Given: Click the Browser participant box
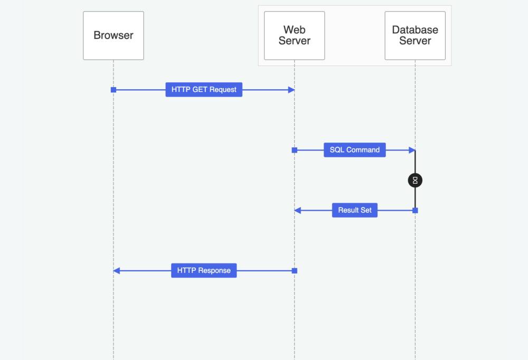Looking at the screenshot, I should tap(113, 35).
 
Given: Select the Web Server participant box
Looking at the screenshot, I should tap(294, 35).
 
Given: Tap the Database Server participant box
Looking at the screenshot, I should tap(415, 35).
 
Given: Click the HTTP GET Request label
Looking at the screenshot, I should tap(204, 90).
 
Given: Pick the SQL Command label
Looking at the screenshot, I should tap(354, 150).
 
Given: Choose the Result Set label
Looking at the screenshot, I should tap(354, 210).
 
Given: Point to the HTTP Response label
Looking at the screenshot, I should tap(204, 270).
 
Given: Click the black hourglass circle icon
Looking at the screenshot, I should tap(415, 181).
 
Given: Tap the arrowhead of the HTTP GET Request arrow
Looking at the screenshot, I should tap(291, 90).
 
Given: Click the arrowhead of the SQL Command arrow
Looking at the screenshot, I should tap(412, 150).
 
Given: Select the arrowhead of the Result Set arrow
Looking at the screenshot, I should tap(298, 210).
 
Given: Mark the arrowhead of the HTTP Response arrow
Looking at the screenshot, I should tap(117, 270).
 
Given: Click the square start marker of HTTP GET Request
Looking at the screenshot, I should tap(113, 90).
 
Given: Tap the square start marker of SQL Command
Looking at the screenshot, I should tap(295, 150).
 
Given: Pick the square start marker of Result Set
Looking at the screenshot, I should tap(415, 210).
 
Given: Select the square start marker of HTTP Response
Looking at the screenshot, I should tap(295, 270).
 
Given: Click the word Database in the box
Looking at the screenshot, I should tap(415, 30).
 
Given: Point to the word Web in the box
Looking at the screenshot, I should tap(294, 30).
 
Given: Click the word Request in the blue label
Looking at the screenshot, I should tap(223, 90).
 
